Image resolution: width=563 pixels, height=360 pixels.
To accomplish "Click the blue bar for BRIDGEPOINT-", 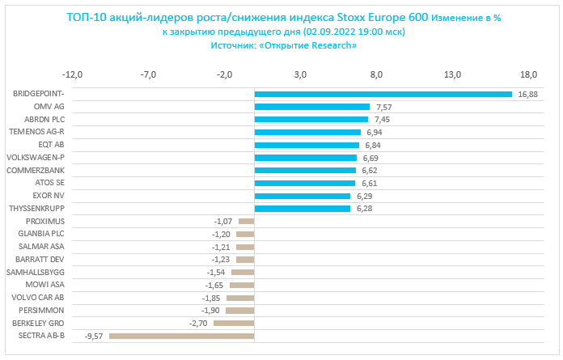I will click(x=383, y=94).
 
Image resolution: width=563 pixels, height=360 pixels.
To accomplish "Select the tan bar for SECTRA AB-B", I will click(x=181, y=336).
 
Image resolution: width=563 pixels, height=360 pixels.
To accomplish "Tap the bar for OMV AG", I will click(x=311, y=107).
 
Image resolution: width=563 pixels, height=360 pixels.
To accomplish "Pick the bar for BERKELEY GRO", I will click(x=234, y=323).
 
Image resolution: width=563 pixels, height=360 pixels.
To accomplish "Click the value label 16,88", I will click(x=527, y=94).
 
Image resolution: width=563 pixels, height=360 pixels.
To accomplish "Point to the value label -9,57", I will click(x=95, y=336).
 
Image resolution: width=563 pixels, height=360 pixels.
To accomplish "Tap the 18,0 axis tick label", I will click(x=528, y=75).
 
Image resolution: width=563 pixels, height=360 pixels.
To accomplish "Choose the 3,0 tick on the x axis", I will click(x=300, y=75).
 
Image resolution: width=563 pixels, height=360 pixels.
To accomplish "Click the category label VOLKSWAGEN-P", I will click(x=35, y=157).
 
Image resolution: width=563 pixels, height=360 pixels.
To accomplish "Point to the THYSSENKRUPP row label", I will click(x=35, y=208).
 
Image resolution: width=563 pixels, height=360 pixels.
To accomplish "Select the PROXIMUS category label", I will click(x=45, y=221).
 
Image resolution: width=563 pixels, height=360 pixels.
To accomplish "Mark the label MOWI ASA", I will click(x=45, y=285).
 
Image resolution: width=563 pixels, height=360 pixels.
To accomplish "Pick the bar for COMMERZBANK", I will click(x=305, y=170).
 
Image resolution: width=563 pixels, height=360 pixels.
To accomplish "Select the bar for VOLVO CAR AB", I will click(x=240, y=298).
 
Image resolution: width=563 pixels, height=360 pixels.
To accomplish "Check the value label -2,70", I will click(x=199, y=323).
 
